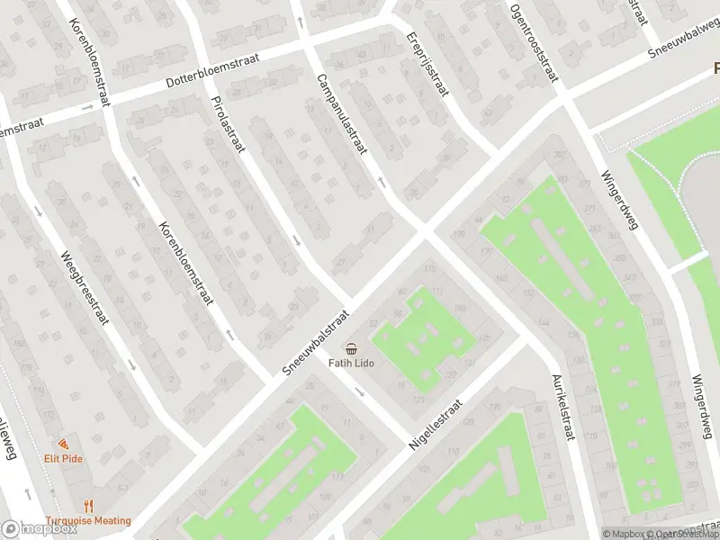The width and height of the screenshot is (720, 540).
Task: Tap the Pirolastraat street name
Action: pos(227,125)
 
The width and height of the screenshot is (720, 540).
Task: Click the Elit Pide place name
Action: pos(64,457)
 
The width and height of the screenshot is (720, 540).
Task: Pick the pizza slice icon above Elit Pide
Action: pos(64,444)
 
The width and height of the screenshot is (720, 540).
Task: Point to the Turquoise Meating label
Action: pos(89,520)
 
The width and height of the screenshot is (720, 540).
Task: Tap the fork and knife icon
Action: pos(89,507)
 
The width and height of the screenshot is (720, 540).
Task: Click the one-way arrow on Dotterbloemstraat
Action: pos(87,107)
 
